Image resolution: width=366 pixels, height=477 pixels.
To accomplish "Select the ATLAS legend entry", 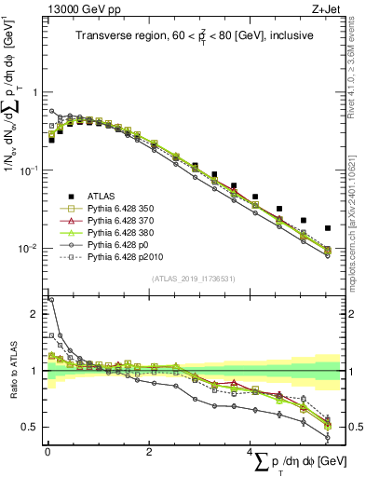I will (104, 196).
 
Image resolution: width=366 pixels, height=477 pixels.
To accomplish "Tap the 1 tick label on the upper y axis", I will (36, 92).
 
